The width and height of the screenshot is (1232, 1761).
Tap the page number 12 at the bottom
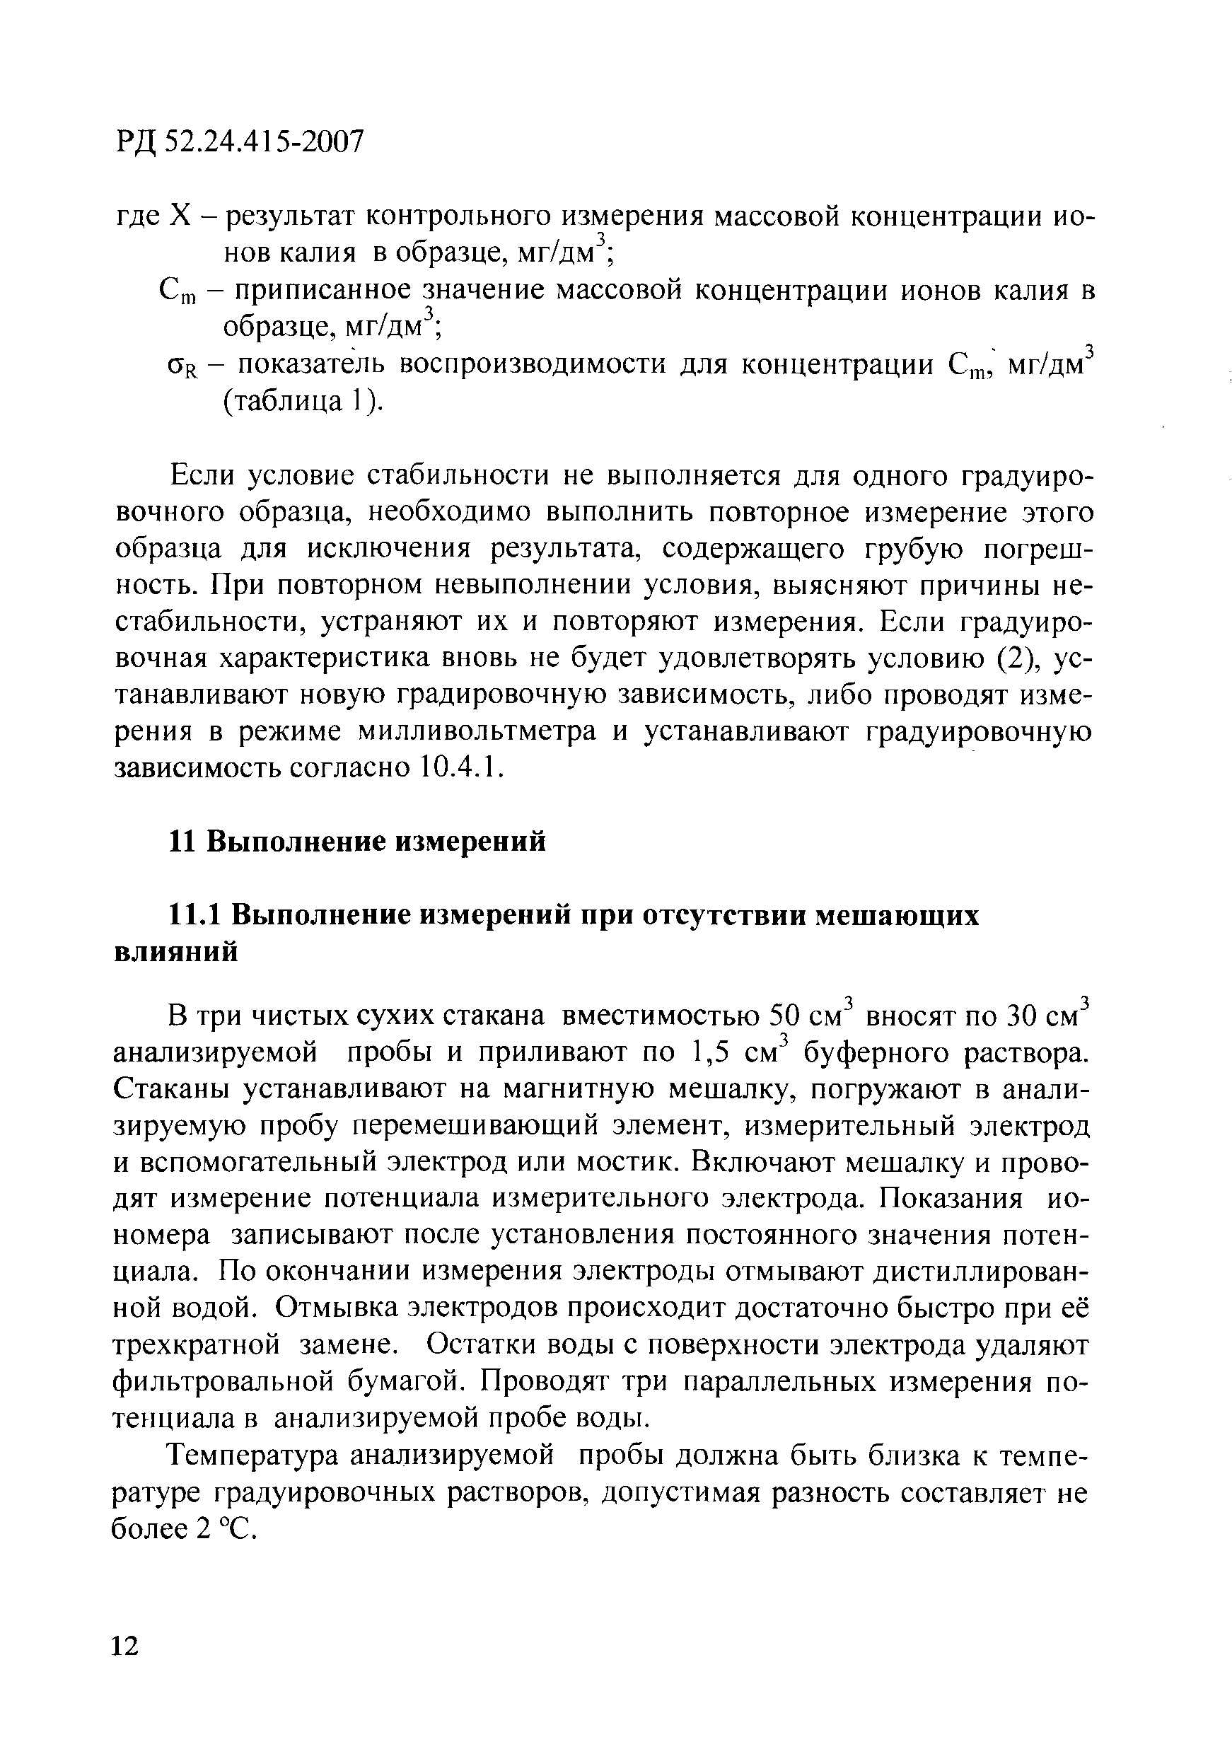tap(127, 1645)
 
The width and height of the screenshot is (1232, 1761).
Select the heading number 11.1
tap(195, 916)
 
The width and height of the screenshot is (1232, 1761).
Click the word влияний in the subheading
tap(175, 952)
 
